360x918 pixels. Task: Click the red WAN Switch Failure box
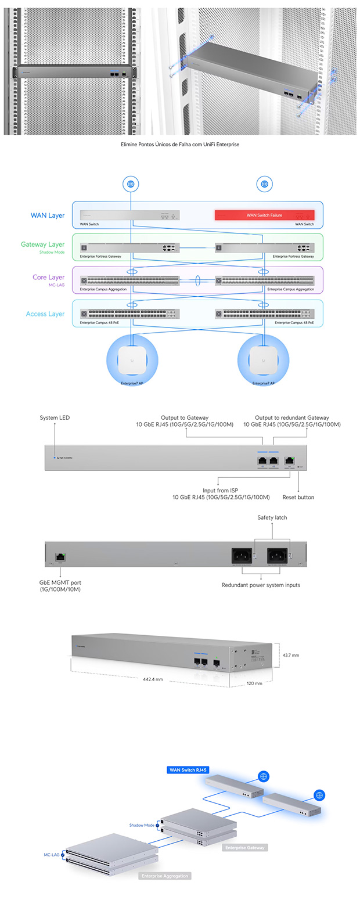[264, 215]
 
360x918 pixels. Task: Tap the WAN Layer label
[48, 215]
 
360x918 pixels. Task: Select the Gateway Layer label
[42, 244]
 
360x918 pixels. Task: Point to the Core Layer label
[48, 278]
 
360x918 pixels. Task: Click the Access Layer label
[45, 314]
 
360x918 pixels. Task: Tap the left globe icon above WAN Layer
[131, 184]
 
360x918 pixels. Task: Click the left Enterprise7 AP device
[132, 361]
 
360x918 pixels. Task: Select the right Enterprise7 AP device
[264, 361]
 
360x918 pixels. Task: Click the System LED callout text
[55, 417]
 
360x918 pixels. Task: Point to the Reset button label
[298, 497]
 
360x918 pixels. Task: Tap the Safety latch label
[272, 517]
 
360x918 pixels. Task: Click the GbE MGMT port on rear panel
[60, 557]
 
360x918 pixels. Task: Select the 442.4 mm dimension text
[153, 679]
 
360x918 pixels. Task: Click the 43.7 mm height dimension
[291, 655]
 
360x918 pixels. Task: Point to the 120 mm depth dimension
[254, 683]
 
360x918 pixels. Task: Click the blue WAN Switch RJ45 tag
[188, 770]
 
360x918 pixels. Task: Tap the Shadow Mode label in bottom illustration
[142, 825]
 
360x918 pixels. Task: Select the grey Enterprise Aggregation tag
[165, 876]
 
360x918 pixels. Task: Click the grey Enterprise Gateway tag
[244, 848]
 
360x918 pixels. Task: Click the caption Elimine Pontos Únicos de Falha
[180, 145]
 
